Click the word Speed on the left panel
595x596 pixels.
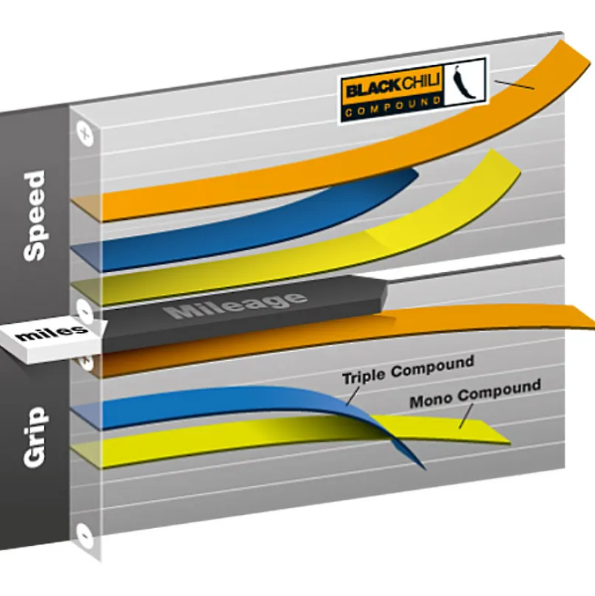34,216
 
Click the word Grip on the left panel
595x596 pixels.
35,437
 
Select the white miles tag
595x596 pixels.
52,336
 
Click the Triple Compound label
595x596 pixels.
408,370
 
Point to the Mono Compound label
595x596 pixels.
476,393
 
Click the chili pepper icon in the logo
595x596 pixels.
464,81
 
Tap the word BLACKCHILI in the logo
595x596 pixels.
393,86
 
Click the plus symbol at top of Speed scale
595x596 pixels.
85,134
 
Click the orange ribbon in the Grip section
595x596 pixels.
342,334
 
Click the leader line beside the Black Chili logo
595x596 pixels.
514,84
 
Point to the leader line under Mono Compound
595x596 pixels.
466,416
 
